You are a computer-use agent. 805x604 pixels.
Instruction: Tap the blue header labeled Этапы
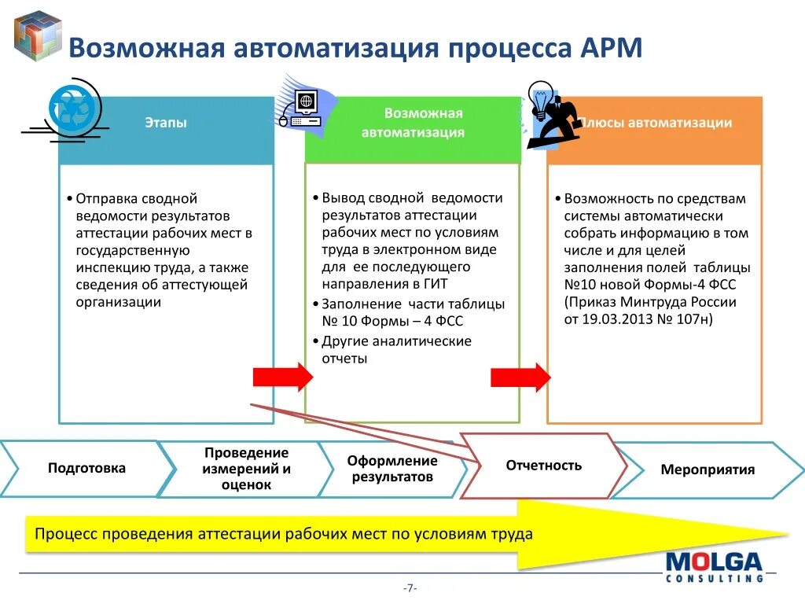tap(166, 123)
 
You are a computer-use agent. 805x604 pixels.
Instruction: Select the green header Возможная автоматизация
tap(413, 123)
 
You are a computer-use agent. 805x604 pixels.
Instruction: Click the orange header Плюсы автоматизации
tap(655, 123)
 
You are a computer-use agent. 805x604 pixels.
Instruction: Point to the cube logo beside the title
tap(38, 36)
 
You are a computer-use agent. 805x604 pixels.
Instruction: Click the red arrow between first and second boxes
tap(282, 377)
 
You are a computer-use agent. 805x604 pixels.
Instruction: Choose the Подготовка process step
tap(86, 469)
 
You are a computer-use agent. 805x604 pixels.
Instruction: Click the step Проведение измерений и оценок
tap(246, 470)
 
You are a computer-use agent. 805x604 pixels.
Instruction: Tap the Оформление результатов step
tap(392, 470)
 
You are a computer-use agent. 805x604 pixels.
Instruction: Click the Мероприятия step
tap(708, 470)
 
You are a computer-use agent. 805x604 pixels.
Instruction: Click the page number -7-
tap(410, 588)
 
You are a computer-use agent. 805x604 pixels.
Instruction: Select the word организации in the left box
tap(119, 302)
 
